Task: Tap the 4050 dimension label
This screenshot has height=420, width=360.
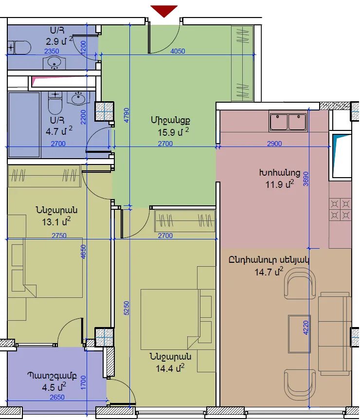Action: click(178, 51)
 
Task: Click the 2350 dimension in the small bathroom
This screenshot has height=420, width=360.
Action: click(52, 51)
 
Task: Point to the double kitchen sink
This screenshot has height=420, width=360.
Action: click(288, 122)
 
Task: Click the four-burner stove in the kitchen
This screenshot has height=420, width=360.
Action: click(340, 209)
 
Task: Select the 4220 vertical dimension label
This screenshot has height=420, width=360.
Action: click(306, 328)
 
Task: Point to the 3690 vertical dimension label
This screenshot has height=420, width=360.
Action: click(306, 179)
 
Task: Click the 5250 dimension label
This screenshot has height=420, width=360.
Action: click(126, 308)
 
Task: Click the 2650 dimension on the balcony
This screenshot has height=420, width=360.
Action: click(57, 397)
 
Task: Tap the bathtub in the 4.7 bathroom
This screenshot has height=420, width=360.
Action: click(24, 125)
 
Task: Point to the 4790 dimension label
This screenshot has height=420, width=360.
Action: click(126, 115)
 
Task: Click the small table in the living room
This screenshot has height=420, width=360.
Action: click(299, 334)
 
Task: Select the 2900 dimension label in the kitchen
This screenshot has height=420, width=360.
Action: click(274, 144)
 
